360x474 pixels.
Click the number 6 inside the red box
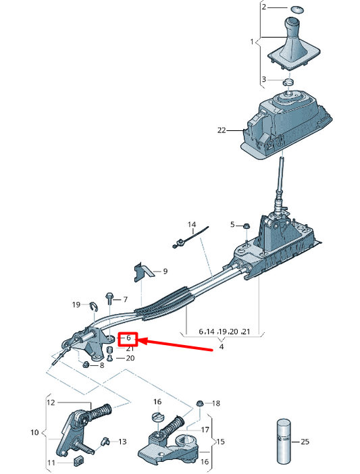128,338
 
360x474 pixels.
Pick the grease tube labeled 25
283,442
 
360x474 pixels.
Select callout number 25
305,442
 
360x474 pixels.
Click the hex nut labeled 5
247,226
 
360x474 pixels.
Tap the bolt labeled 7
108,297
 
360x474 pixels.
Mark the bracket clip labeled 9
141,271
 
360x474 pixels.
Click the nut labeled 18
200,403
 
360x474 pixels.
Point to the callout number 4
220,348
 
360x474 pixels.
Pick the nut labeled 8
87,365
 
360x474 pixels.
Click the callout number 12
50,402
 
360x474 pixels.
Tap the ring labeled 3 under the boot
288,82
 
